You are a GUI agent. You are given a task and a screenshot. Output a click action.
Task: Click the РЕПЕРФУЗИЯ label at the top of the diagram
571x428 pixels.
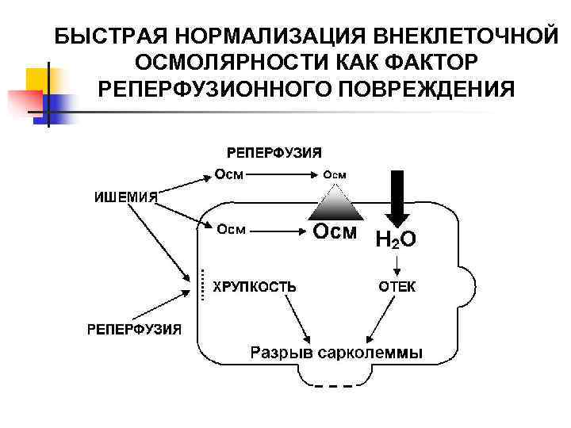[274, 151]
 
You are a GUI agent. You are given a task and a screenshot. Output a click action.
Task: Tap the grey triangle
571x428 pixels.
[334, 204]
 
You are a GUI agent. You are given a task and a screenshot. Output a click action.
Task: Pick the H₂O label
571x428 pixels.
[395, 238]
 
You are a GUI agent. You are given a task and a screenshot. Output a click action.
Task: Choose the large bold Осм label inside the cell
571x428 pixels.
[335, 231]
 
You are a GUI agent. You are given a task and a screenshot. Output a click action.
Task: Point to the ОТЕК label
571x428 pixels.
[396, 287]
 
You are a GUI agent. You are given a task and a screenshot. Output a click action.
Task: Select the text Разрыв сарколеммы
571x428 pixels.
[336, 353]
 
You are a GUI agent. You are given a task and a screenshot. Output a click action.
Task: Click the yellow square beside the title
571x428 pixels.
[39, 80]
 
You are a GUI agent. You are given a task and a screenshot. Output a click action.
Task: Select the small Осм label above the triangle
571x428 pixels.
[334, 174]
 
